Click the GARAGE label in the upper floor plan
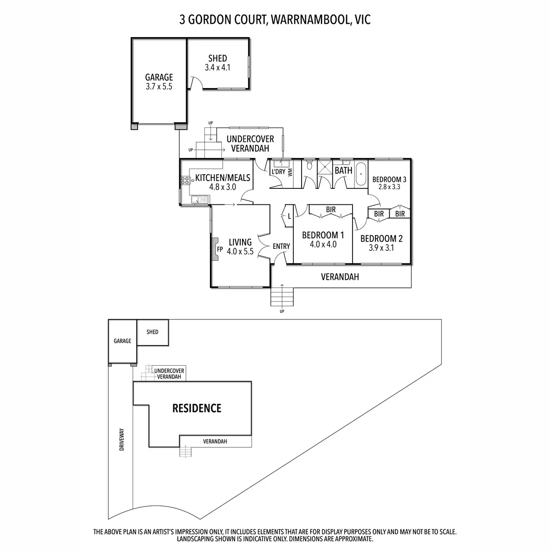(159, 77)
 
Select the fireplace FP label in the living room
(220, 250)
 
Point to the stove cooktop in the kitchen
(185, 180)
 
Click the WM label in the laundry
(290, 172)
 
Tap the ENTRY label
(281, 246)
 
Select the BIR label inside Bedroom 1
(330, 209)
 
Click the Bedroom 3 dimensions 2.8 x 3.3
(389, 187)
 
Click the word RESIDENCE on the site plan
(197, 408)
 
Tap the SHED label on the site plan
(153, 332)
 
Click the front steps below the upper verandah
(281, 296)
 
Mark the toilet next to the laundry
(309, 165)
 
